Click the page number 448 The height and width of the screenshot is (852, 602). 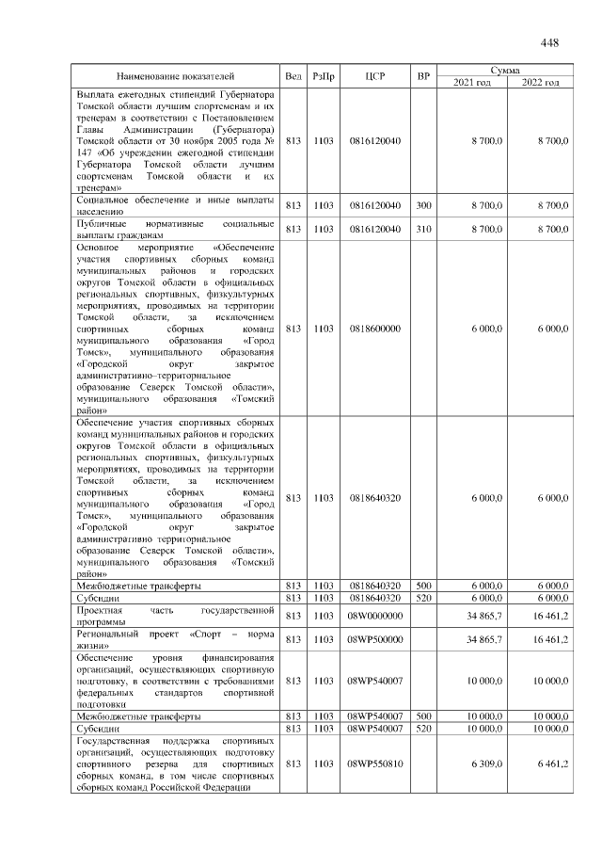click(550, 42)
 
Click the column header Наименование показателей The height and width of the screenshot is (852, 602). click(175, 76)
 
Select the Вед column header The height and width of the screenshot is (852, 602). click(293, 76)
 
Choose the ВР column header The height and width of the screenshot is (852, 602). click(423, 76)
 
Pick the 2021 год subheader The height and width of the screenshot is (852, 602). click(473, 83)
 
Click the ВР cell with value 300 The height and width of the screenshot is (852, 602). click(423, 205)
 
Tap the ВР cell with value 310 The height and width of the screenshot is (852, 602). click(423, 229)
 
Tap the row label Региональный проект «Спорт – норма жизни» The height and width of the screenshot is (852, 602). click(175, 639)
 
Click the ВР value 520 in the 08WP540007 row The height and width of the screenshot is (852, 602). click(423, 729)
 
